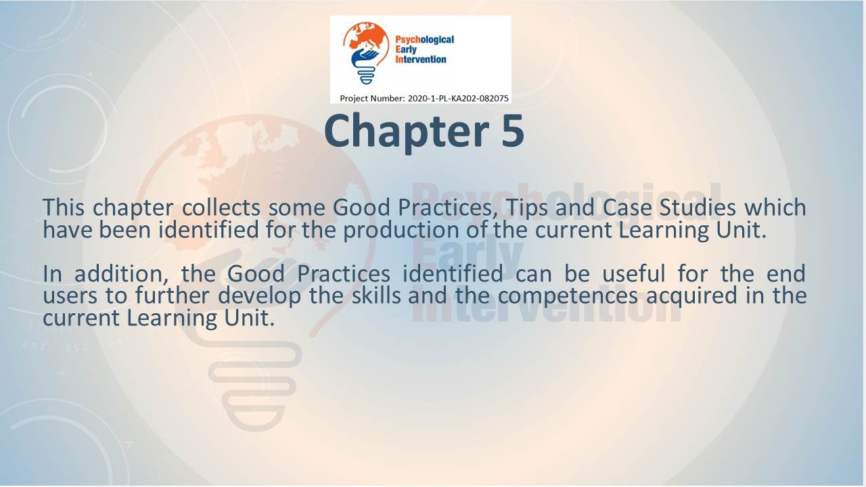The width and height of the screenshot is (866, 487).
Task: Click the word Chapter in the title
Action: tap(407, 132)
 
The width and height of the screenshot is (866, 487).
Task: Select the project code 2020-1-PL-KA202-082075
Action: tap(458, 99)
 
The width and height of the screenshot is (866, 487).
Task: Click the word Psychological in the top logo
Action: tap(424, 40)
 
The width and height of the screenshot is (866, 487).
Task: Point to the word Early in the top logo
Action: tap(406, 50)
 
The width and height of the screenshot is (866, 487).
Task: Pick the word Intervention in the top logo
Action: tap(421, 60)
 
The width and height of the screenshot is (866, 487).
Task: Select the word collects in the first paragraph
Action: tap(221, 208)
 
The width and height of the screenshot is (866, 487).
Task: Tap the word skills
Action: tap(376, 296)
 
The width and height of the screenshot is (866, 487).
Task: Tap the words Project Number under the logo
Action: tap(372, 99)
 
